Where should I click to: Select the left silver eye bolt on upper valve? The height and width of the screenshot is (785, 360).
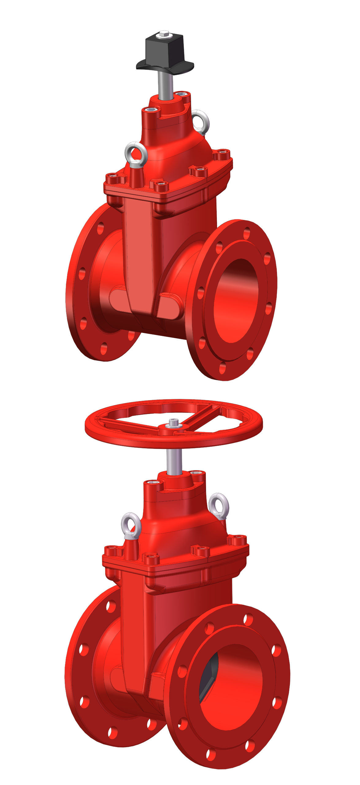136,153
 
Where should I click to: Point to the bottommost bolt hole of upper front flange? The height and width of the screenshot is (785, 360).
223,368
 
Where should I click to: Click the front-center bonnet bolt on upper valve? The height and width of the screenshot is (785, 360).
161,186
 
